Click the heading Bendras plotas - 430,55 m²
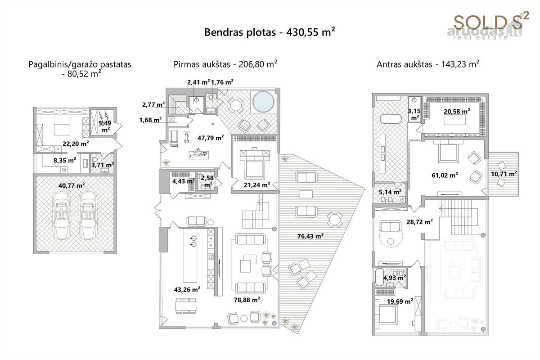coord(270,32)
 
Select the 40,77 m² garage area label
coord(72,186)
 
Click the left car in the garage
coord(62,215)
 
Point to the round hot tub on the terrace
coord(263,102)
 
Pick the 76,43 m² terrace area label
coord(310,236)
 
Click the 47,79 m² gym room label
coord(211,138)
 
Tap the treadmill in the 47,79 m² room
coord(175,139)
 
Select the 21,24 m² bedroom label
coord(257,185)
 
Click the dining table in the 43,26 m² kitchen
coord(185,306)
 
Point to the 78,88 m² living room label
coord(247,300)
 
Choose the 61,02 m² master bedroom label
coord(445,175)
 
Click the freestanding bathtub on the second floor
coord(391,119)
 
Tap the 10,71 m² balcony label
coord(504,174)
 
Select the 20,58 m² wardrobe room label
coord(457,112)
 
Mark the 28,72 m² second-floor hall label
coord(419,222)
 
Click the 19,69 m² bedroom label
coord(400,301)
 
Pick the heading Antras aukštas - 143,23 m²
coord(428,64)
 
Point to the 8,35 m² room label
coord(65,160)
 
